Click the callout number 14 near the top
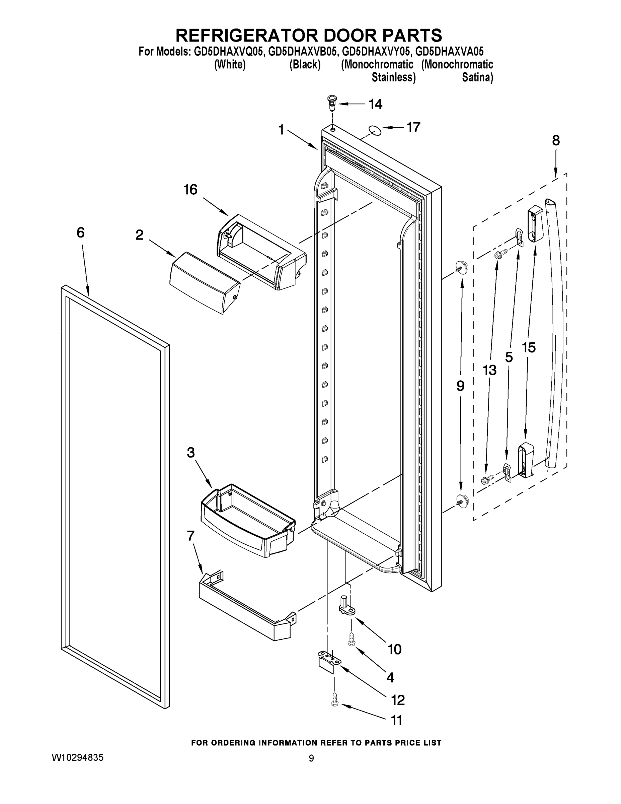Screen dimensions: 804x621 click(x=375, y=105)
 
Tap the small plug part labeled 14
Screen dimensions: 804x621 click(x=332, y=104)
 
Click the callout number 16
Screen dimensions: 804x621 click(x=190, y=190)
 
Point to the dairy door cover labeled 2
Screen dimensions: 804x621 click(x=205, y=282)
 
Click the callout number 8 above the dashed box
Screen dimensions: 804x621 click(x=555, y=140)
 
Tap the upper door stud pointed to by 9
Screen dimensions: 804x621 click(x=461, y=265)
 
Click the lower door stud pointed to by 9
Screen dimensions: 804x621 click(x=462, y=499)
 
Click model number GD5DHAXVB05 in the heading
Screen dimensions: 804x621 click(x=302, y=51)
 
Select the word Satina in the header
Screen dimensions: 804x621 click(x=477, y=78)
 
